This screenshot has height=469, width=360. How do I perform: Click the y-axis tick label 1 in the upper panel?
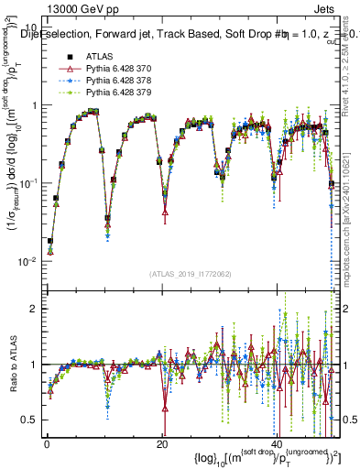pos(34,105)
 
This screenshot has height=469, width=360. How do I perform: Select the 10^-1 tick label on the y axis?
pos(29,183)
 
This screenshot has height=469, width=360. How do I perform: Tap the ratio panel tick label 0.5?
pos(30,420)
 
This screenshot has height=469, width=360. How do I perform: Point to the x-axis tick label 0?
pos(46,443)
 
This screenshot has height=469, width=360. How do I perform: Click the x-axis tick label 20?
pos(162,443)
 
